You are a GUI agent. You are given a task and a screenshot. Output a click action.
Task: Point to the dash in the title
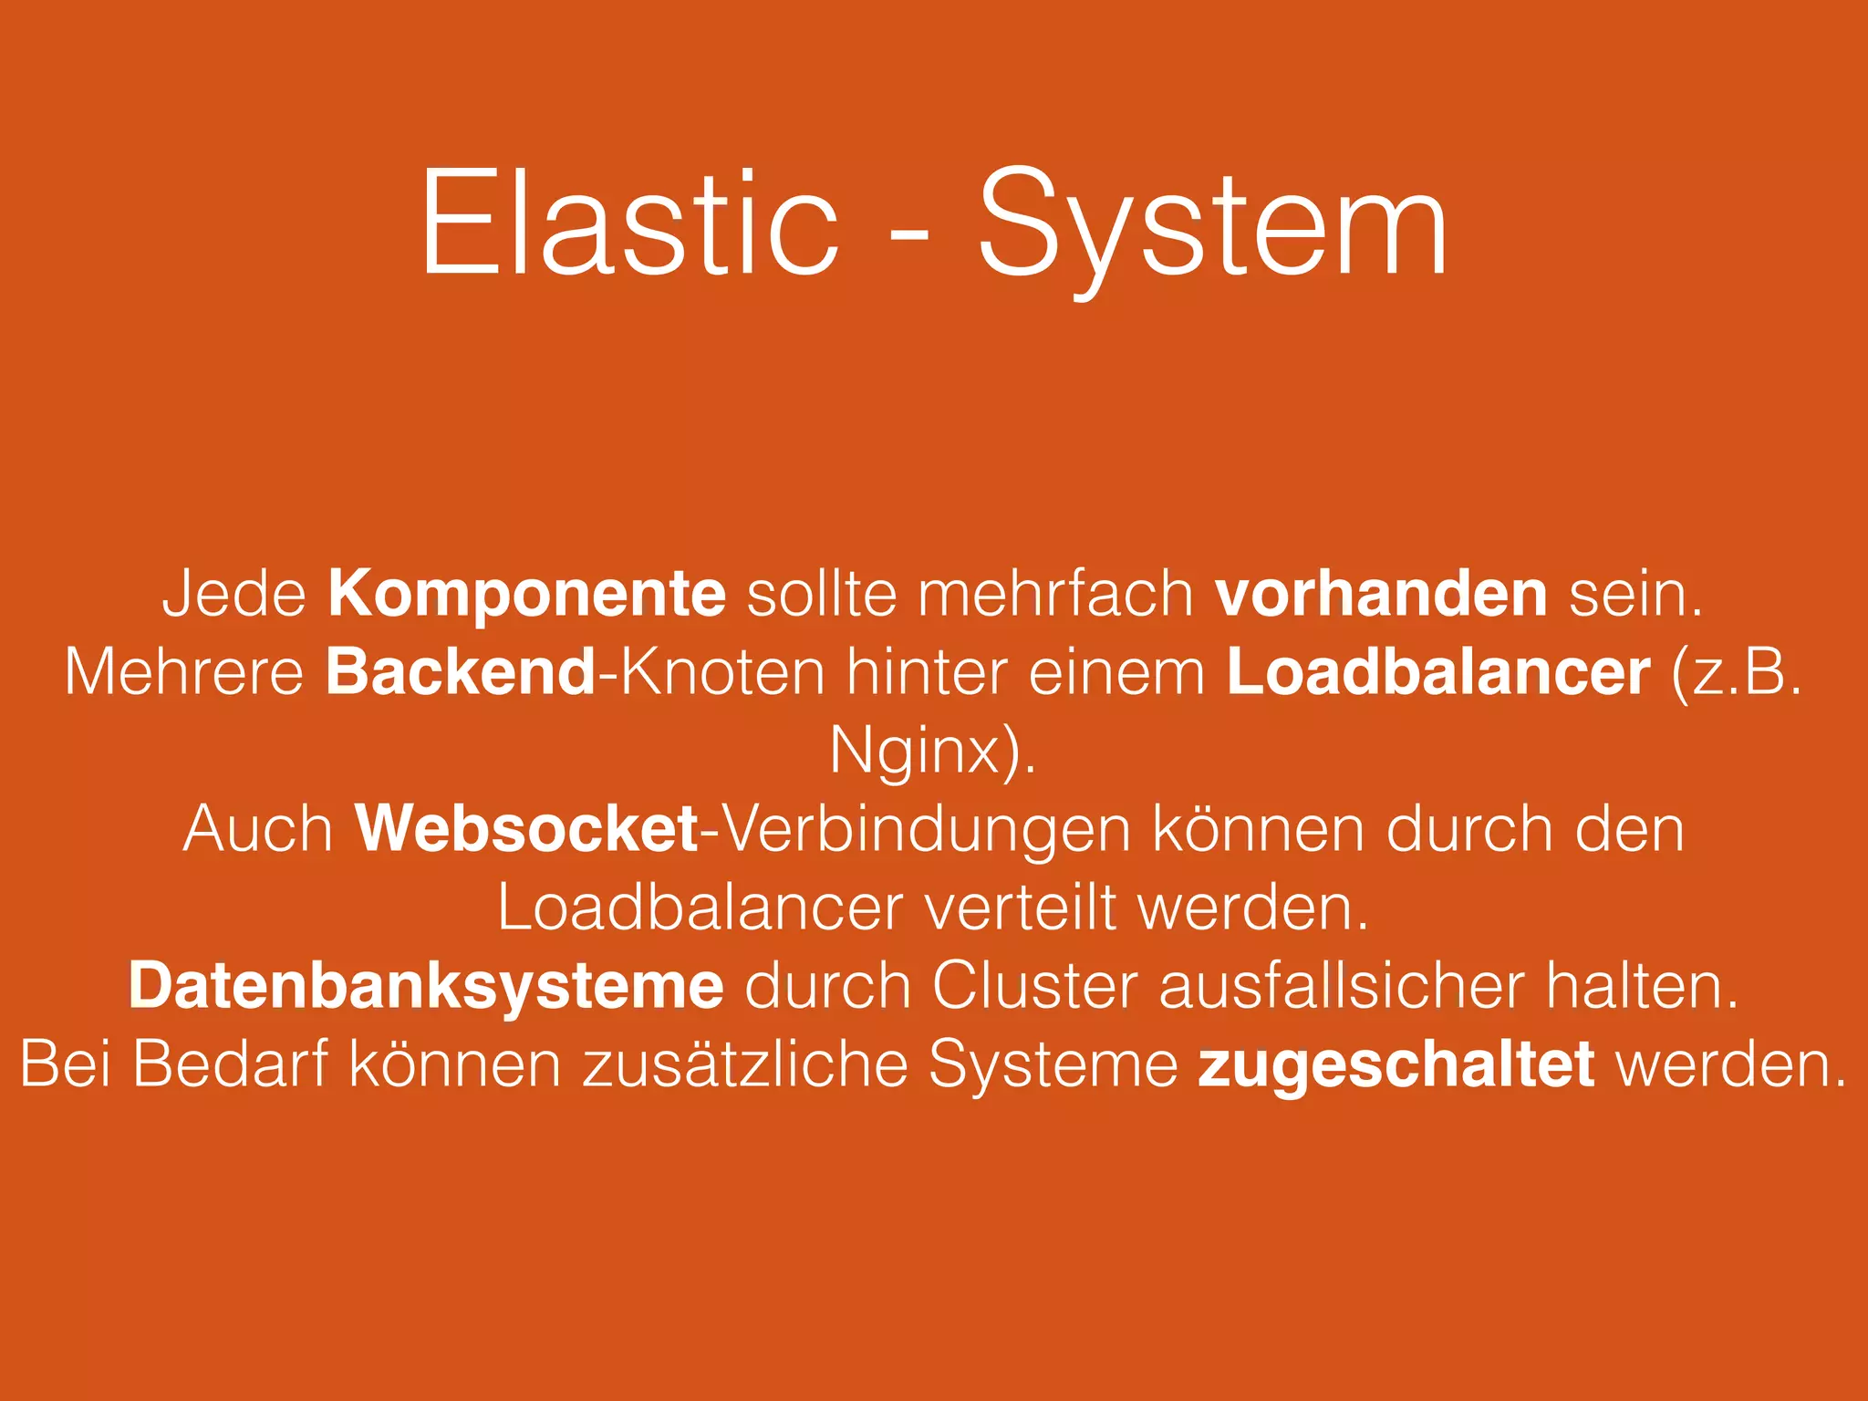click(908, 239)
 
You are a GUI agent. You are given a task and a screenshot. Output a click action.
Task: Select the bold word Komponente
click(526, 594)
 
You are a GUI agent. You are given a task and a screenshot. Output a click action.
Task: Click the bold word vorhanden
click(1381, 594)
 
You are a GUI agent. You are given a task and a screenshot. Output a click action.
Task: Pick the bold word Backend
click(461, 672)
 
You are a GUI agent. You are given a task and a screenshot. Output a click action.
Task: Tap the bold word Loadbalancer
click(1438, 672)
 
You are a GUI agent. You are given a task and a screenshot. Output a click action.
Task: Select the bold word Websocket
click(526, 829)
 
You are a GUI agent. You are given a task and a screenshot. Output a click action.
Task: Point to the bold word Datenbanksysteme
click(426, 986)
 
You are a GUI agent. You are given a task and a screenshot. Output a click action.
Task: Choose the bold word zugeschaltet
click(1396, 1065)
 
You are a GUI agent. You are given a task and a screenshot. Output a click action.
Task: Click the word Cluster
click(1034, 986)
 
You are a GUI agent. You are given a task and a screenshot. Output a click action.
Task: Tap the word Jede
click(234, 594)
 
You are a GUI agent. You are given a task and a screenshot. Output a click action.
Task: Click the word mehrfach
click(1055, 594)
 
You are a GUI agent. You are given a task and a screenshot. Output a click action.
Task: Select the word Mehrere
click(183, 672)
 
